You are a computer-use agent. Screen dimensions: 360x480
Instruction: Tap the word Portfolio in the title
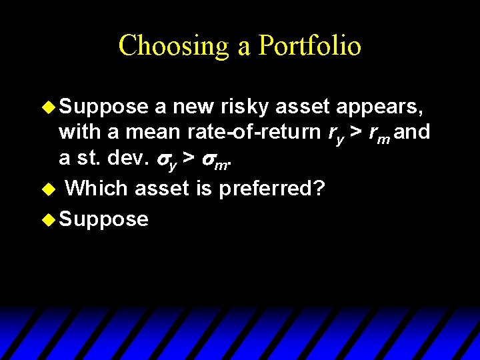pos(310,46)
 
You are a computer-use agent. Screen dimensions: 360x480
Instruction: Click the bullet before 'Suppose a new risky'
pos(49,106)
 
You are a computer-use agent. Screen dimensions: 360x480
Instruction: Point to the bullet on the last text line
pos(49,218)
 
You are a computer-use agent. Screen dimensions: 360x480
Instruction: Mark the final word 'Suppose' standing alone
pos(103,218)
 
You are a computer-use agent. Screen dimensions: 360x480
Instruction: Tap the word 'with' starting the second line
pos(79,133)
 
